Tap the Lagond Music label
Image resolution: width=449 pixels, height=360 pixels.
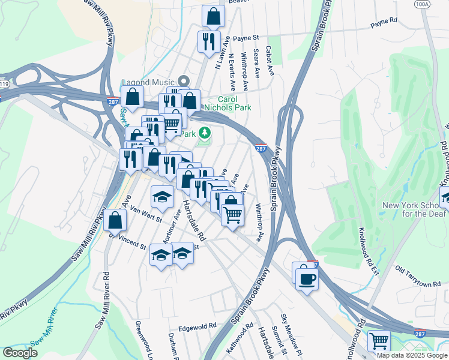[148, 82]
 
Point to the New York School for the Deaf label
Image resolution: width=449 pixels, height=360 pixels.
[414, 210]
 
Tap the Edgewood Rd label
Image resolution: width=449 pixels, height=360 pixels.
[196, 326]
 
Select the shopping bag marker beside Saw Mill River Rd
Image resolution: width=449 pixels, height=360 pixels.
[115, 220]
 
